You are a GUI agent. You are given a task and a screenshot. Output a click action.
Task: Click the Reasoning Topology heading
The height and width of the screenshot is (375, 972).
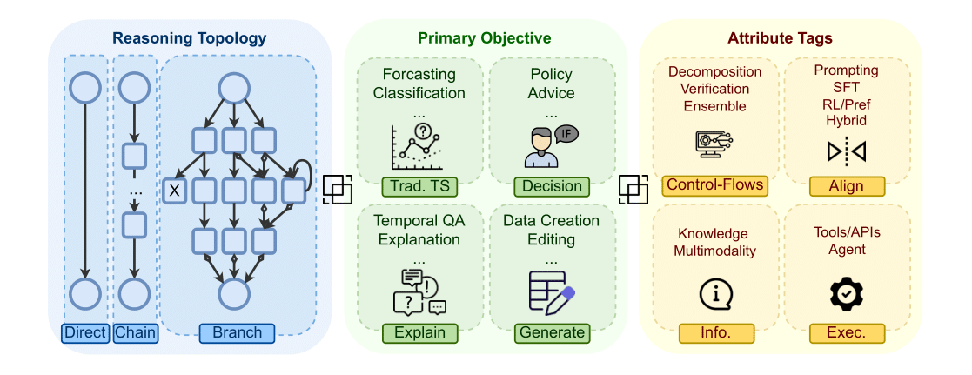point(189,38)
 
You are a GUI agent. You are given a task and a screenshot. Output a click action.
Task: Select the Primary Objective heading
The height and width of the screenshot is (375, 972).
point(484,38)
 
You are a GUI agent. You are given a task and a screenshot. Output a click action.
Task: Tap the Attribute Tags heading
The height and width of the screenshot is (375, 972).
point(780,38)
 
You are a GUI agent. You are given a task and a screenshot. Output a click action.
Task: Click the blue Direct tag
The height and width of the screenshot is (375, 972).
point(85,332)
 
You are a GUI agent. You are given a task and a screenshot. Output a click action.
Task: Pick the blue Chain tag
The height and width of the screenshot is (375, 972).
point(135,332)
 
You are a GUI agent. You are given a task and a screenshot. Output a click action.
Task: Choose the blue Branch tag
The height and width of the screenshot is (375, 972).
point(237,332)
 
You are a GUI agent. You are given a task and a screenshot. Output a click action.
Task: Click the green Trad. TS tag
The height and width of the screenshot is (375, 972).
point(419,185)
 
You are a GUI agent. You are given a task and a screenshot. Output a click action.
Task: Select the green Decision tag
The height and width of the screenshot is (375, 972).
point(552,185)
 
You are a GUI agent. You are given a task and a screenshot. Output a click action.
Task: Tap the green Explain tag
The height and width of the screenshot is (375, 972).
point(419,332)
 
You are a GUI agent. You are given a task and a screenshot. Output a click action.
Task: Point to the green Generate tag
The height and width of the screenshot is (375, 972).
point(552,332)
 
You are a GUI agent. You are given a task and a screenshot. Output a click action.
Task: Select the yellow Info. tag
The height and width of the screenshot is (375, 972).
point(715,332)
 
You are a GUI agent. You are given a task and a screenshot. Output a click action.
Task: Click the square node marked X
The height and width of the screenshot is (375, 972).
point(174,191)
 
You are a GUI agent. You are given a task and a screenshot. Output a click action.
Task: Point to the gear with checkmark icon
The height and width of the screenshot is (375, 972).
point(846,295)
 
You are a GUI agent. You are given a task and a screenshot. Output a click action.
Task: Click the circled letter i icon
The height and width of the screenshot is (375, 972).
point(715,295)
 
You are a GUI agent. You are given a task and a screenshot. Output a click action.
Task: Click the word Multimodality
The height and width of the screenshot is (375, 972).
point(715,251)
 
